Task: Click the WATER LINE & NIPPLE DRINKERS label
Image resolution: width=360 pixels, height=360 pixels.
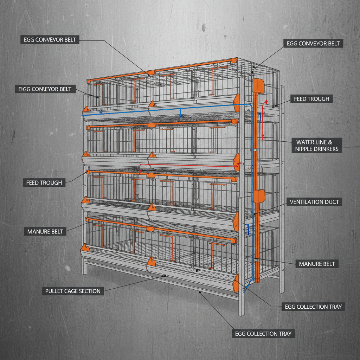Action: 317,146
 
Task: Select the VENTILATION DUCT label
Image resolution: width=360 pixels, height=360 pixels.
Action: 314,202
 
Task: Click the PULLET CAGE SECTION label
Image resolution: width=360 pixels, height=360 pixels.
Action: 73,291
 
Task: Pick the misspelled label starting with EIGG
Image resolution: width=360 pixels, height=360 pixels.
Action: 45,89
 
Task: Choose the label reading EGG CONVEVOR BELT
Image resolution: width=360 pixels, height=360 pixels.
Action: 50,40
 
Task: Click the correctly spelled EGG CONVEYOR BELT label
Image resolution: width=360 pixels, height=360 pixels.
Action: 313,44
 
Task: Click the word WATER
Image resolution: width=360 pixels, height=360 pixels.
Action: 305,142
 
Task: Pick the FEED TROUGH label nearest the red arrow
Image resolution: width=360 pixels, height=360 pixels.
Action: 311,99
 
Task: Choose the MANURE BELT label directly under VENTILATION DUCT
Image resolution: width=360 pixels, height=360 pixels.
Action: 317,264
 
